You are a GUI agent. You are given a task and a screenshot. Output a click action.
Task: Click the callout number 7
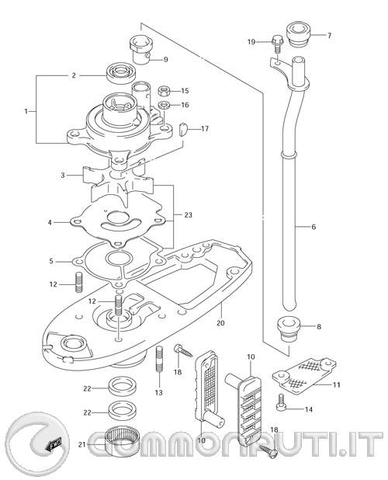tap(328, 36)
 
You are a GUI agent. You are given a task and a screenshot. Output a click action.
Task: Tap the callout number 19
tap(251, 41)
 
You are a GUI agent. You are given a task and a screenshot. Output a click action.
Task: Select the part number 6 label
tap(313, 227)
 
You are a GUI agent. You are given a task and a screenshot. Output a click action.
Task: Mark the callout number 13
tap(158, 393)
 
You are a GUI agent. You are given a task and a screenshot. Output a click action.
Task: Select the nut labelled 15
tap(165, 89)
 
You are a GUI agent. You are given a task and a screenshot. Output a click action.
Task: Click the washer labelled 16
tap(164, 104)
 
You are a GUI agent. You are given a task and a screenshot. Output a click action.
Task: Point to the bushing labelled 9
tap(140, 48)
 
